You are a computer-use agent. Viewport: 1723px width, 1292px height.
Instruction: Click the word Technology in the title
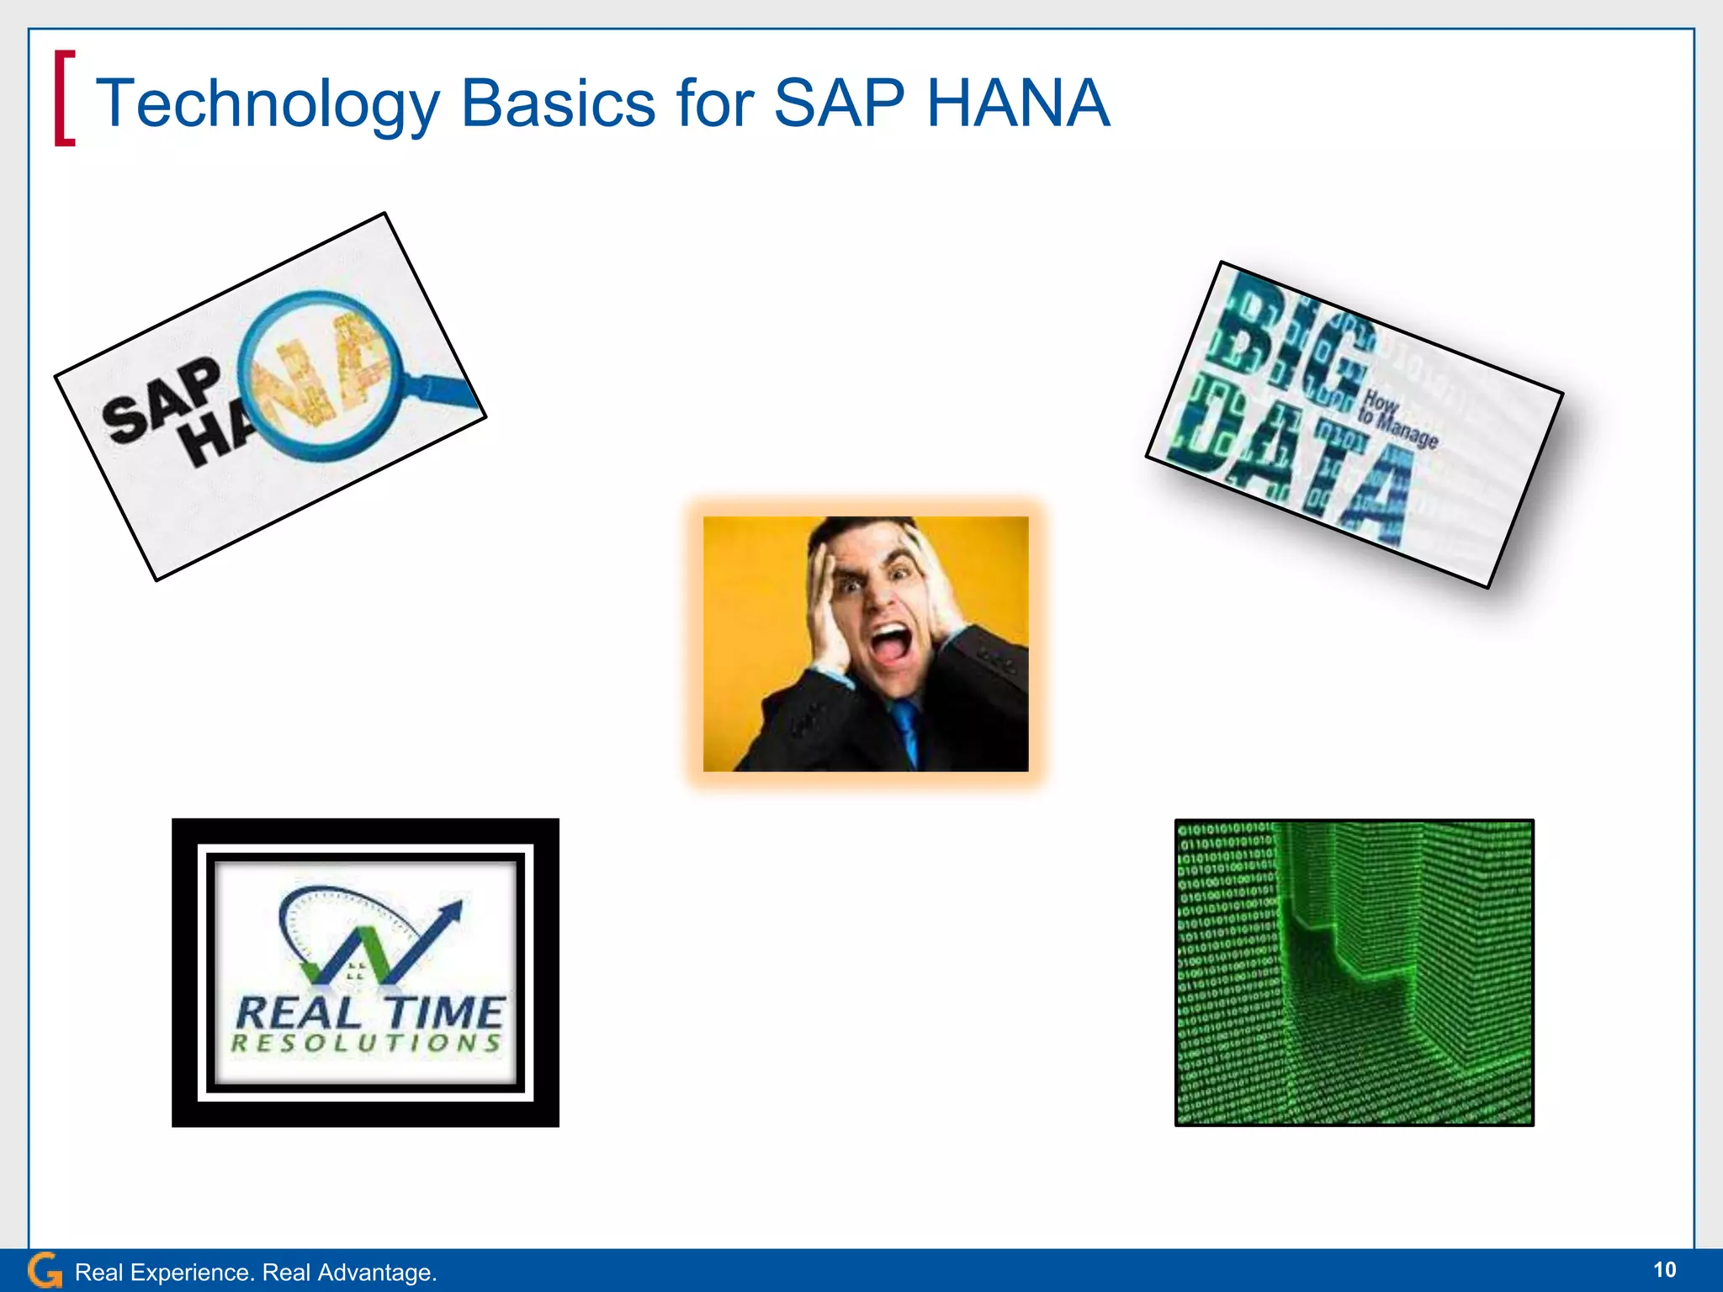(268, 104)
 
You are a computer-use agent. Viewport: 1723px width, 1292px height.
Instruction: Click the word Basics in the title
(558, 104)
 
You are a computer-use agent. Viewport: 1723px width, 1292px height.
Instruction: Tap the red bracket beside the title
(64, 98)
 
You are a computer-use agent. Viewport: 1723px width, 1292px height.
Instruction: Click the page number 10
(1664, 1270)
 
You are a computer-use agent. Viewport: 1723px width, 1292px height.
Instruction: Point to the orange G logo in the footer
(44, 1271)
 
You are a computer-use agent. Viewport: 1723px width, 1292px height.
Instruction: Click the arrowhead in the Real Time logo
(453, 912)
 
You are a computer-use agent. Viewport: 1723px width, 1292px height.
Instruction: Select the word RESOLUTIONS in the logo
(366, 1044)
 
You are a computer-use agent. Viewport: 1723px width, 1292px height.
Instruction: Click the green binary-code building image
(1354, 972)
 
